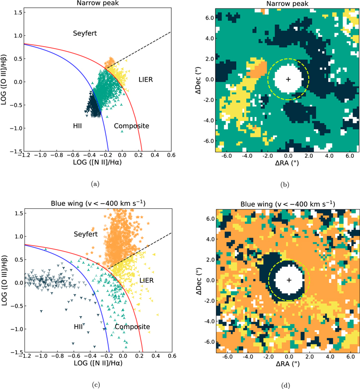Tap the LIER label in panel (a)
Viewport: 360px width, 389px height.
click(x=149, y=79)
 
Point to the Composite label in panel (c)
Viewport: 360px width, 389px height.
click(x=132, y=327)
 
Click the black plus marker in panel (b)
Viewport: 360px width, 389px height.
click(x=288, y=79)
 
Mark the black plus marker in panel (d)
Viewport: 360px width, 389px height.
click(x=288, y=280)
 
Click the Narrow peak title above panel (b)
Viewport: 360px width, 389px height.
click(x=288, y=4)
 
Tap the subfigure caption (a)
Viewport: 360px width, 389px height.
click(x=97, y=184)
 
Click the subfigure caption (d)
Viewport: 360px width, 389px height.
click(x=288, y=384)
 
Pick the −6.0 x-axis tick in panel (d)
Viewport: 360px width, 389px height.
click(x=227, y=356)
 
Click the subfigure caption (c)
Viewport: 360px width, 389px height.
click(x=97, y=384)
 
